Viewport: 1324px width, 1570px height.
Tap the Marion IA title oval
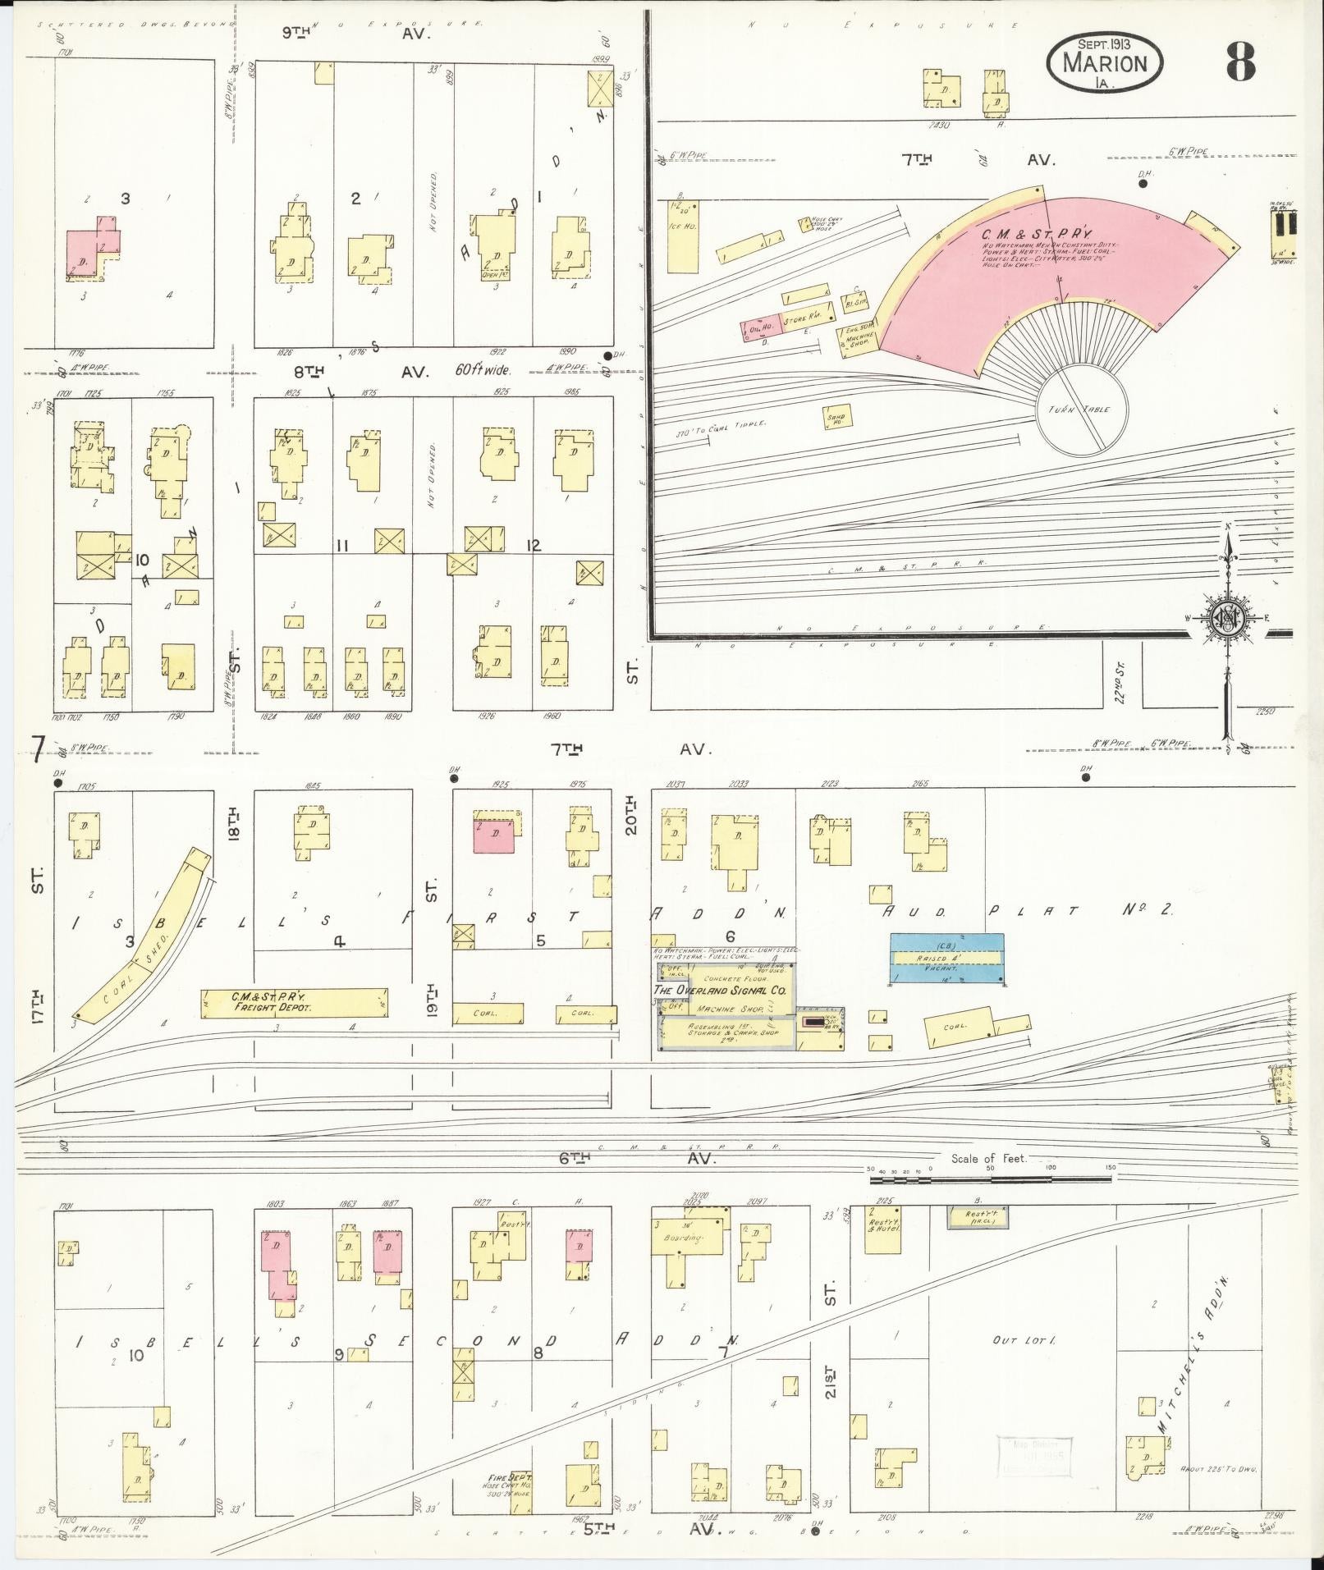[1105, 62]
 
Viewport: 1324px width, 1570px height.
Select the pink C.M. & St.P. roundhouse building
[1059, 263]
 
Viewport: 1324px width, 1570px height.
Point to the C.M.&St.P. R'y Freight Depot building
[294, 1002]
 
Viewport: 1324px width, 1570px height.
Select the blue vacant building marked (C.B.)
[946, 958]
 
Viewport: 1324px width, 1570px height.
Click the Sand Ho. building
[836, 419]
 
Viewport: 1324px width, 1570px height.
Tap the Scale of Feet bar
[989, 1179]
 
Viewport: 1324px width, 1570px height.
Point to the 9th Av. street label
[355, 34]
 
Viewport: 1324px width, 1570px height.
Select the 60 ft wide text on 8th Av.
[483, 371]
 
